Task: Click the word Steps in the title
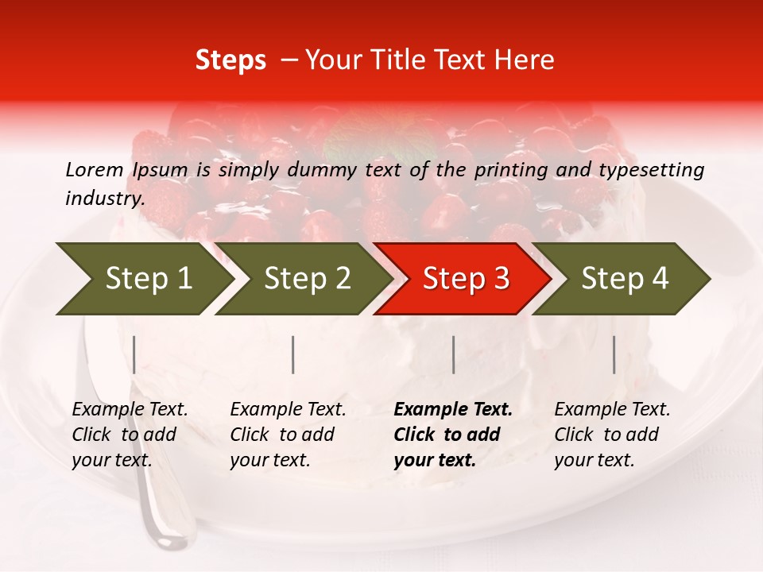click(x=230, y=60)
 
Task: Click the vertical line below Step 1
click(x=134, y=354)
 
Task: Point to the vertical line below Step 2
click(x=293, y=354)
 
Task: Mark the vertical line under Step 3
click(x=454, y=354)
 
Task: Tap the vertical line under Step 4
click(x=614, y=354)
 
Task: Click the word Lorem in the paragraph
click(x=95, y=169)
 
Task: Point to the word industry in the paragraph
click(x=104, y=199)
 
